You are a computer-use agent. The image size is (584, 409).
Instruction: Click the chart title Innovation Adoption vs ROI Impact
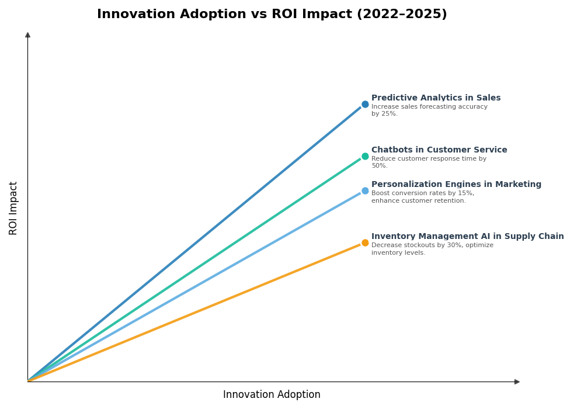click(272, 15)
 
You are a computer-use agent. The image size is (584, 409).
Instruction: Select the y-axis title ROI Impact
click(13, 208)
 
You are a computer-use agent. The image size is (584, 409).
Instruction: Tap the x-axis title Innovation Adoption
click(272, 395)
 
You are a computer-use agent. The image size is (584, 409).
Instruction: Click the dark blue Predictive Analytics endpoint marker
click(365, 105)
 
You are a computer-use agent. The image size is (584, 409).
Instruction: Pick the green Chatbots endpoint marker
click(365, 157)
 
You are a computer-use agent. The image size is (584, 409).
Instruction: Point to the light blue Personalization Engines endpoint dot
click(365, 191)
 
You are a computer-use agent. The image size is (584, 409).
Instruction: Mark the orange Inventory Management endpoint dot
click(365, 243)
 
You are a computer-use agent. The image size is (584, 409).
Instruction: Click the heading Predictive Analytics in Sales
click(436, 98)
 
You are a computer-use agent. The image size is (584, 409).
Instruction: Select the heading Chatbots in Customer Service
click(439, 150)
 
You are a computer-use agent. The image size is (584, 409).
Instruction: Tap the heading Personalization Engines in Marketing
click(456, 185)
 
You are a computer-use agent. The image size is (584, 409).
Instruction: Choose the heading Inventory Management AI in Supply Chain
click(467, 237)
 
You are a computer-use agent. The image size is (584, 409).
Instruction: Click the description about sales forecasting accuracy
click(429, 110)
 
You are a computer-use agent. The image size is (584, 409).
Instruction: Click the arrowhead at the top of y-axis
click(27, 35)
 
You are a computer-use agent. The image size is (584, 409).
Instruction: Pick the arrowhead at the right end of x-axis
click(517, 382)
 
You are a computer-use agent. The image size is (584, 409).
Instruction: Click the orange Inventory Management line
click(193, 313)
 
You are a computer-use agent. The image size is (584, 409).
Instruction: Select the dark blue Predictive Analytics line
click(193, 245)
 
